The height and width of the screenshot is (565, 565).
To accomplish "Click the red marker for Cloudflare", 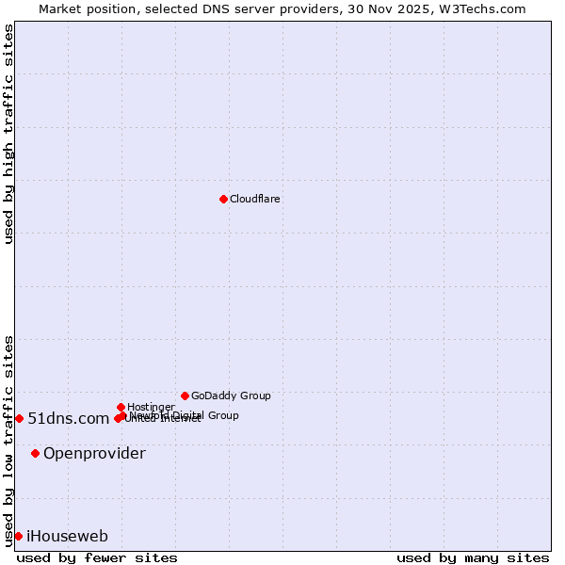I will point(223,199).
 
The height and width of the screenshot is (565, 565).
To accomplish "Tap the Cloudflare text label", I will point(255,200).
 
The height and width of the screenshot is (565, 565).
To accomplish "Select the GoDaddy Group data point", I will point(185,395).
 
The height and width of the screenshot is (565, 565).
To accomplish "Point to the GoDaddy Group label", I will point(231,396).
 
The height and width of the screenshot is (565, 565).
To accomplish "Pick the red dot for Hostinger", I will point(121,407).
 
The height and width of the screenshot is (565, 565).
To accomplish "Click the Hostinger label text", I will point(151,407).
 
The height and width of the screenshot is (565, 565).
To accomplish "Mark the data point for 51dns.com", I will point(19,418).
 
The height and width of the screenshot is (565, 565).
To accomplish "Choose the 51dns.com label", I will point(69,419).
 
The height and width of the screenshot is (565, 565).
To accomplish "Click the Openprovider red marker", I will point(35,453).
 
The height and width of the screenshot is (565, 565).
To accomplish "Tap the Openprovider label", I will point(94,454).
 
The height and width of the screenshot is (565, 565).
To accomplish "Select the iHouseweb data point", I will point(18,536).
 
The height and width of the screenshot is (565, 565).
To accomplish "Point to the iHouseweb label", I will point(67,537).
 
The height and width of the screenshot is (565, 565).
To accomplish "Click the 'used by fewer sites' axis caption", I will point(97,557).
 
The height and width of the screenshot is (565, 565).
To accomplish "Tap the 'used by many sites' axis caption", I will point(473,557).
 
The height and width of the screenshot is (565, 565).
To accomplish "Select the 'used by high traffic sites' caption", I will point(8,134).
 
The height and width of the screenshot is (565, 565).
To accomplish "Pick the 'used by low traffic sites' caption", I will point(8,441).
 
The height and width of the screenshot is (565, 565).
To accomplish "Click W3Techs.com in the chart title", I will point(481,8).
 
